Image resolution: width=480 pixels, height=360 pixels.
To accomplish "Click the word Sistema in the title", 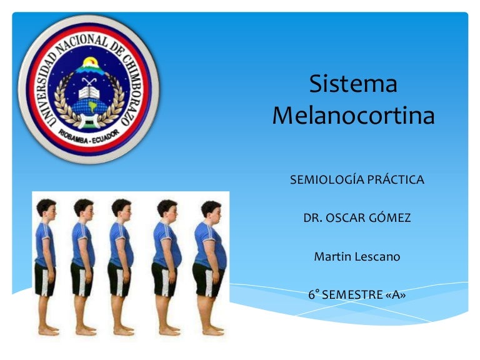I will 354,84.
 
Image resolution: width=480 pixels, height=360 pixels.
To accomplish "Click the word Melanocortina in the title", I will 354,116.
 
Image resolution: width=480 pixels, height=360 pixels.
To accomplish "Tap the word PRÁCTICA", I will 396,180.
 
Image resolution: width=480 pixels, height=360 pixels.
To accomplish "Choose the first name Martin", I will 331,256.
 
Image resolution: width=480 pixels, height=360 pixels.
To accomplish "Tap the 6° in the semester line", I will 314,294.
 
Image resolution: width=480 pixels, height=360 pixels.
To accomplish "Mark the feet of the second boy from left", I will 84,330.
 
